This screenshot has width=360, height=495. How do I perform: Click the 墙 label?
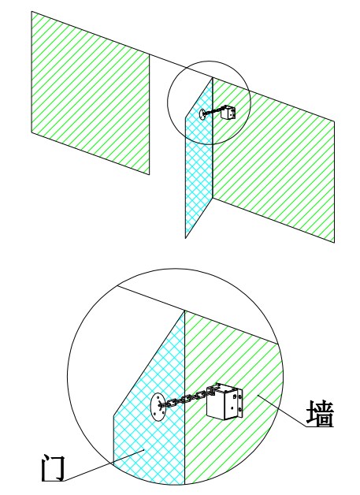click(x=320, y=414)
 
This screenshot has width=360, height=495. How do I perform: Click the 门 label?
click(x=54, y=468)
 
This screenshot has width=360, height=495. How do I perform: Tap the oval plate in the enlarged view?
click(x=158, y=407)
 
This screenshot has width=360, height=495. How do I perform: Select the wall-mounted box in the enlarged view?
click(x=225, y=401)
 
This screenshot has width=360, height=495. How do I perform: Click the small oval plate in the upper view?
click(x=202, y=114)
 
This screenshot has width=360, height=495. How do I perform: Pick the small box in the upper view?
click(x=228, y=112)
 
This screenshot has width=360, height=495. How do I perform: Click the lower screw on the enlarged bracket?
click(x=240, y=410)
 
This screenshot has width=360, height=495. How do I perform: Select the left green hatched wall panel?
click(x=91, y=93)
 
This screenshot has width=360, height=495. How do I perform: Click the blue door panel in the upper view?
click(x=199, y=158)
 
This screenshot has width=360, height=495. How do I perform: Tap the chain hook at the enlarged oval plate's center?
click(x=161, y=404)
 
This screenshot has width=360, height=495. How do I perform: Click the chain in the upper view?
click(x=213, y=111)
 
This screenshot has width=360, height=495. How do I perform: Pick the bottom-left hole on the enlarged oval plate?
click(x=154, y=414)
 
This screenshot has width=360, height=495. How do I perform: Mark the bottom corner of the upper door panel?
click(x=186, y=238)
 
